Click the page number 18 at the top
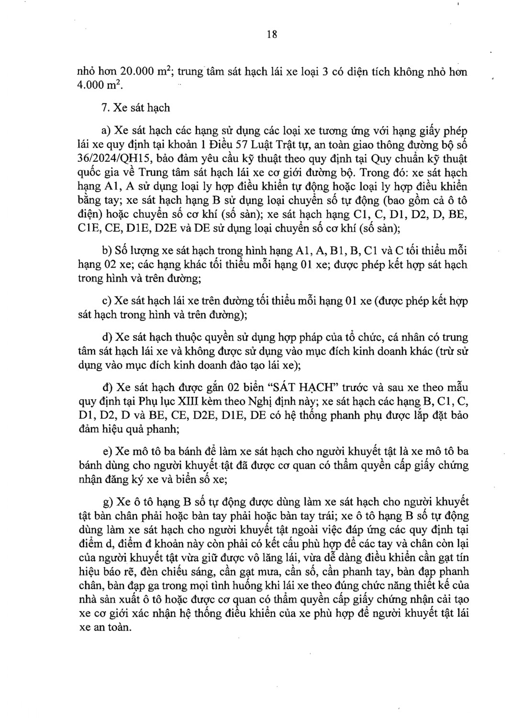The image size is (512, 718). coord(272,34)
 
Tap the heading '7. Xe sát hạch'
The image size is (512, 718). coord(135,108)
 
